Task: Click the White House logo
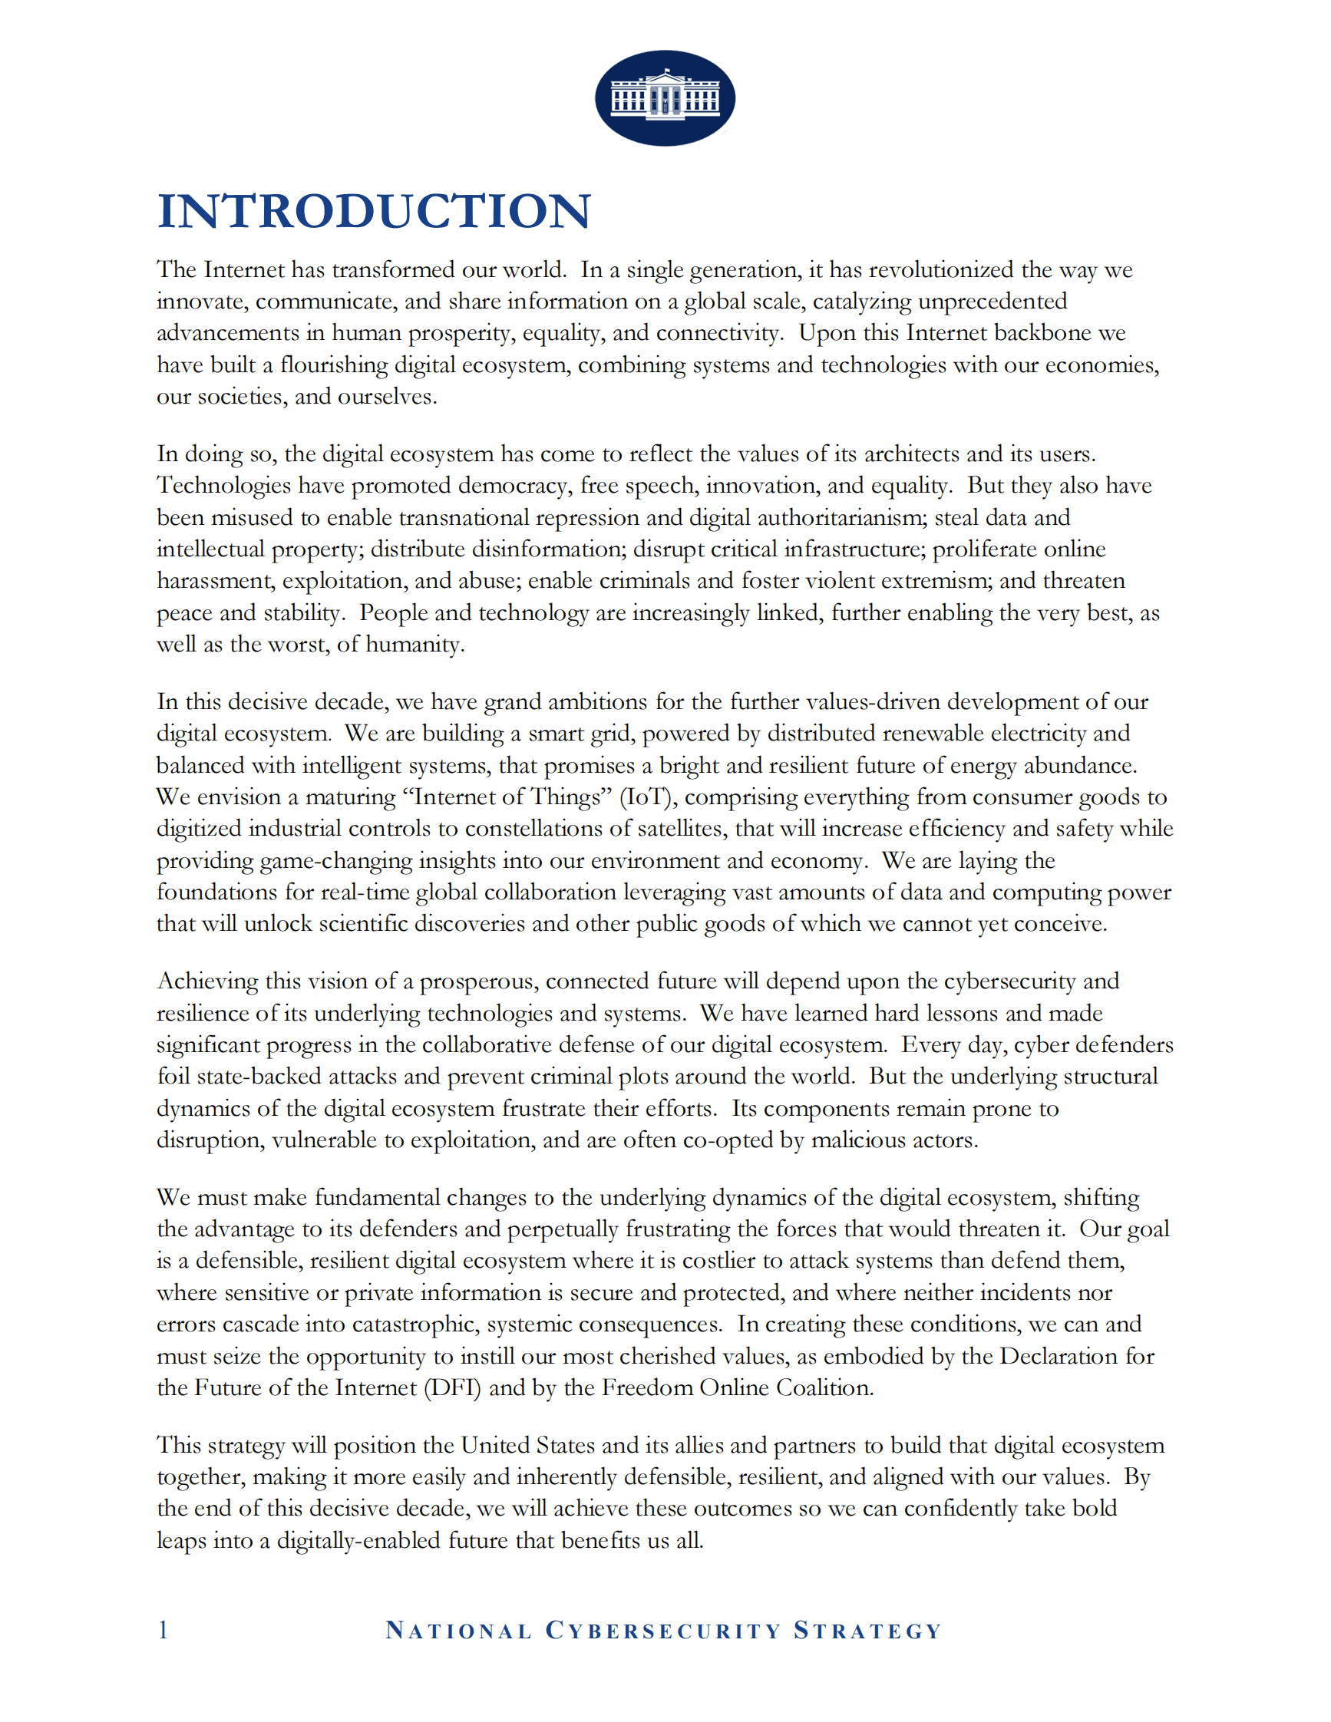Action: pos(665,97)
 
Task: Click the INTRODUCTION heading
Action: pos(374,211)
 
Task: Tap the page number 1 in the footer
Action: pos(163,1630)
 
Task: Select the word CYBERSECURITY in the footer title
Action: pos(663,1631)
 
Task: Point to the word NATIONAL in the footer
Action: pos(458,1631)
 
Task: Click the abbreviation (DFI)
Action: pos(453,1387)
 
